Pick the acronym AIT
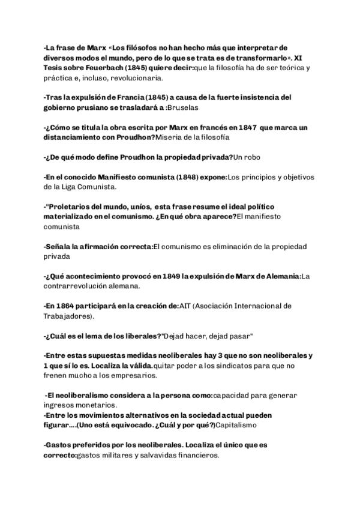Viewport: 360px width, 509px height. click(187, 306)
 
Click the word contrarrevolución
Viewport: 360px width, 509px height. click(82, 286)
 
